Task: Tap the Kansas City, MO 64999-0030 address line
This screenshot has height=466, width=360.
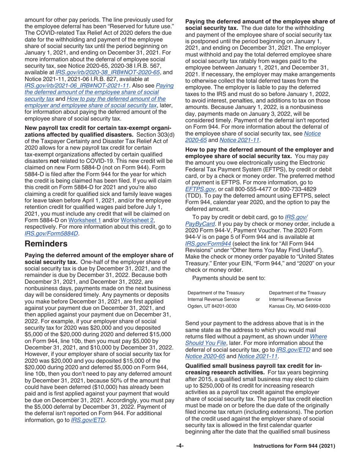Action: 299,306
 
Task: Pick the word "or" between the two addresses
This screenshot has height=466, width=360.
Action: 258,299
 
